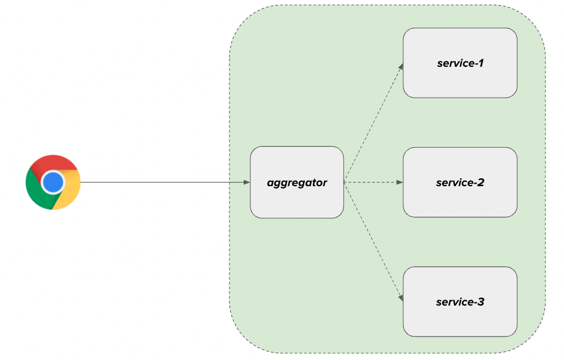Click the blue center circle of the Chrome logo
click(x=53, y=182)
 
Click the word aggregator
click(x=297, y=182)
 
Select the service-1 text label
click(x=459, y=63)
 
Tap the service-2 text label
click(x=459, y=182)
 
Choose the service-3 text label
click(x=459, y=302)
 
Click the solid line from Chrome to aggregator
click(x=161, y=182)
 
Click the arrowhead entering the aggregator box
click(x=247, y=182)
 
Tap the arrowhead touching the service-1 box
click(x=401, y=66)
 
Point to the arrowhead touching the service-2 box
click(x=399, y=182)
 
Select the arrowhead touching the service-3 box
click(x=401, y=299)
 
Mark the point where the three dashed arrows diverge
click(x=344, y=182)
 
